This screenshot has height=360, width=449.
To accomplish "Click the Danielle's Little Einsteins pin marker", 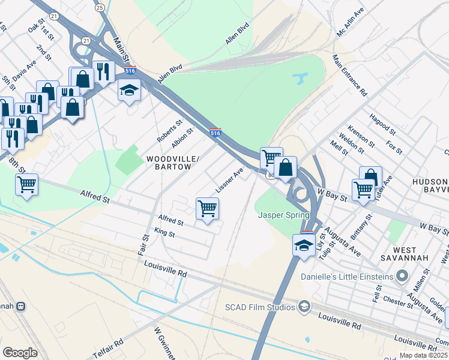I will [402, 276].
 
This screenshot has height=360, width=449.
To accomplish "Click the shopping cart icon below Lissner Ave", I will [207, 209].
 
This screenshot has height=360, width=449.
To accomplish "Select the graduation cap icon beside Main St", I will [128, 90].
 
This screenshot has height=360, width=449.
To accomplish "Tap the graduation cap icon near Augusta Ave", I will [304, 245].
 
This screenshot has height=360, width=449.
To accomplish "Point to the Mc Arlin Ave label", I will [351, 23].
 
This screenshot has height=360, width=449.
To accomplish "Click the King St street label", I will [164, 233].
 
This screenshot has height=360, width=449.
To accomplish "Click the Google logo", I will [20, 353].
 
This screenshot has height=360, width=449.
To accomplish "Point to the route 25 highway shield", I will [100, 7].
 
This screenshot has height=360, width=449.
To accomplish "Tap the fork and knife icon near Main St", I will [103, 71].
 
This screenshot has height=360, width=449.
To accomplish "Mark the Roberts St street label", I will [169, 131].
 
